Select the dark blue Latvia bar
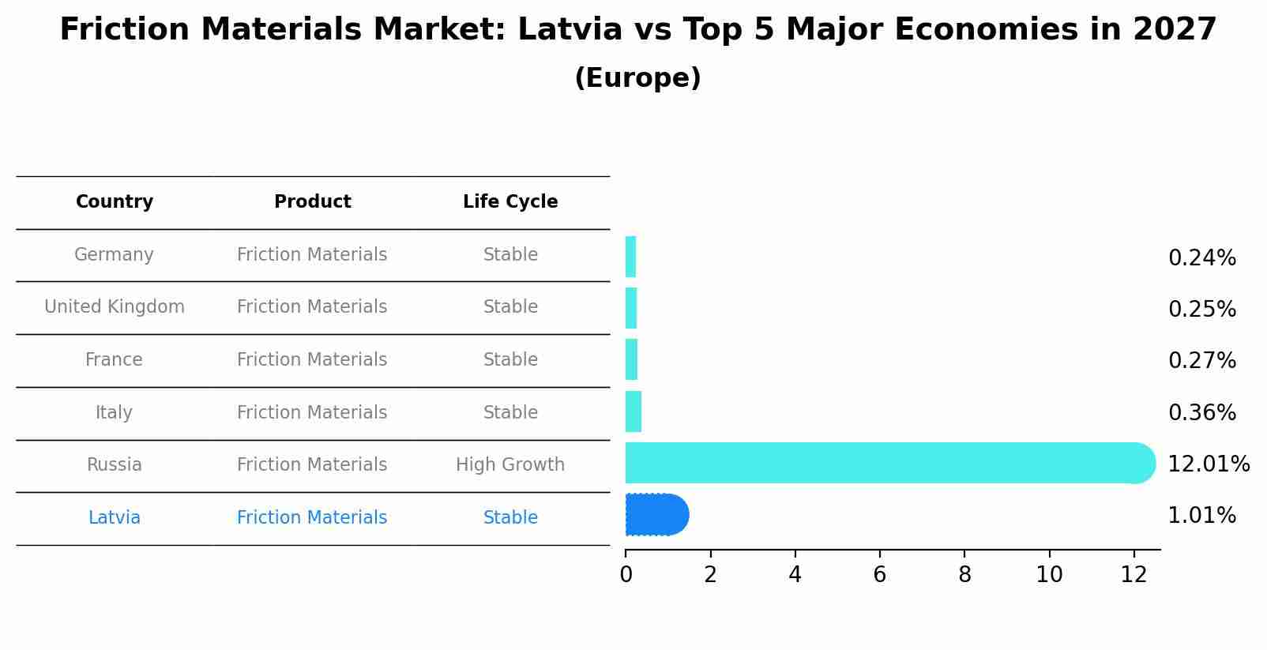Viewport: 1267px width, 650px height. point(656,515)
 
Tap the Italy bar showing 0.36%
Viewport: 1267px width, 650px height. point(633,411)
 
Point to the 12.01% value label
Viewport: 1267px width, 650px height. point(1208,464)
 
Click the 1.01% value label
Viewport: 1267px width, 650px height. point(1201,516)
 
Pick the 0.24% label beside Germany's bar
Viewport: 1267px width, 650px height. point(1201,258)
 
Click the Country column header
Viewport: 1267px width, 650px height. point(115,202)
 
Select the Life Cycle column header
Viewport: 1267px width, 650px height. point(510,202)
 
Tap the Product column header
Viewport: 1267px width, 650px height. point(312,202)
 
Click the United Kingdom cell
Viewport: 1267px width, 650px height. point(115,307)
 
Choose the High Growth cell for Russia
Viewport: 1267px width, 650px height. point(510,465)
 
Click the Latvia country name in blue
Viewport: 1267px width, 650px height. point(115,518)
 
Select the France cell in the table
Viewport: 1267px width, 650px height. point(115,360)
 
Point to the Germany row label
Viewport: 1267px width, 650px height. point(115,255)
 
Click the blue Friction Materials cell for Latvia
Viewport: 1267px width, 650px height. point(312,518)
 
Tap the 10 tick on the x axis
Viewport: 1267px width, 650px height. point(1049,575)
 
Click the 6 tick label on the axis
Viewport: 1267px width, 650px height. point(879,575)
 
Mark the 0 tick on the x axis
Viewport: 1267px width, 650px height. point(626,575)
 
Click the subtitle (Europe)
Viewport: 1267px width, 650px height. point(637,78)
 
